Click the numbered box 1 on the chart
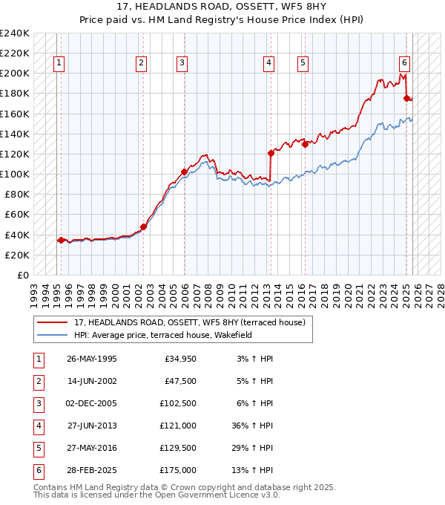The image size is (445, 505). (x=58, y=63)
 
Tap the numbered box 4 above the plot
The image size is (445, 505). (x=268, y=63)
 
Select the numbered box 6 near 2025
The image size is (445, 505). (x=404, y=63)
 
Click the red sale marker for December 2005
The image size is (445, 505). (x=184, y=172)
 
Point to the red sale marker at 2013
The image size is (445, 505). (x=271, y=153)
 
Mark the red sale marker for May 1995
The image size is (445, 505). (x=61, y=239)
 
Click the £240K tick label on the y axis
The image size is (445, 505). (x=15, y=33)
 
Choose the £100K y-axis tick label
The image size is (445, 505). (x=15, y=174)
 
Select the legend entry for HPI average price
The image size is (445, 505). (x=163, y=335)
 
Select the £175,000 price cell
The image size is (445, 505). (x=178, y=470)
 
